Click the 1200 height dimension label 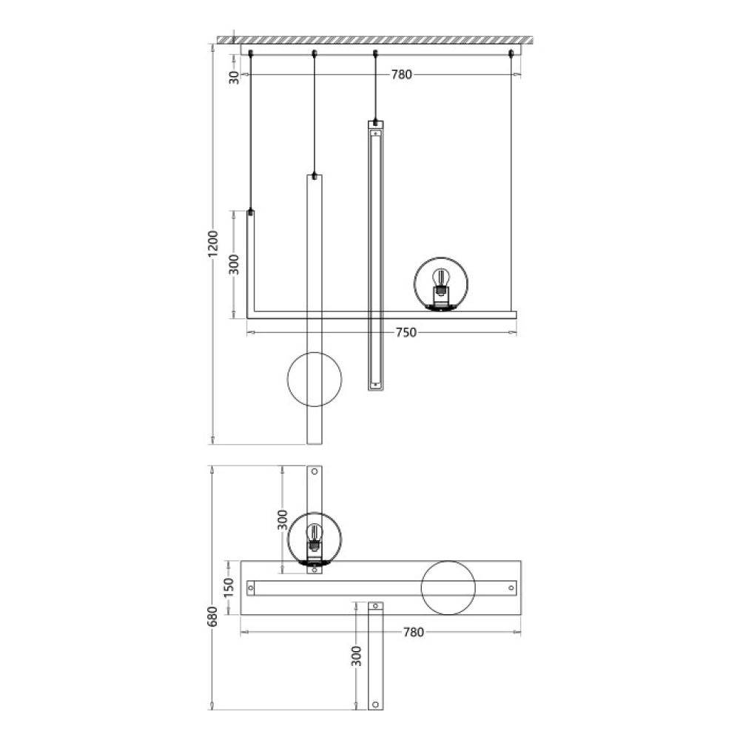coord(213,244)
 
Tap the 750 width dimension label coord(406,333)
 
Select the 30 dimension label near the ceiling coord(235,77)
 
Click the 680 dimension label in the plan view coord(212,616)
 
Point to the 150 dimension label coord(229,588)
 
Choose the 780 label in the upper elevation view coord(402,75)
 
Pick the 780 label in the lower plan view coord(414,632)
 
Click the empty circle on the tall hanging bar coord(287,379)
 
